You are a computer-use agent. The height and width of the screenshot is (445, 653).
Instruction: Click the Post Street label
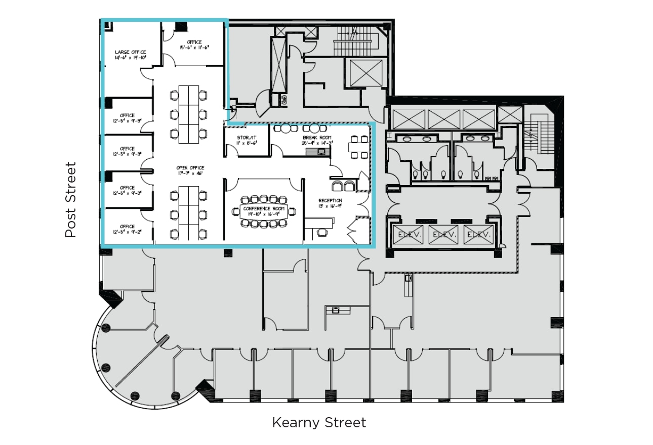pyautogui.click(x=70, y=200)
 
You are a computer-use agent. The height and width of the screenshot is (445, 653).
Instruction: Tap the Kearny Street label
pyautogui.click(x=319, y=423)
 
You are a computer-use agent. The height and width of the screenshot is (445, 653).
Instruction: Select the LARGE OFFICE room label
pyautogui.click(x=130, y=52)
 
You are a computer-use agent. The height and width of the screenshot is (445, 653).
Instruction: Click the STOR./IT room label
pyautogui.click(x=247, y=138)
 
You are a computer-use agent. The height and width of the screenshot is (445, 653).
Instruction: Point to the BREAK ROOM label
pyautogui.click(x=317, y=138)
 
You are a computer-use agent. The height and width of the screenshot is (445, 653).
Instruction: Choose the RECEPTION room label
pyautogui.click(x=330, y=201)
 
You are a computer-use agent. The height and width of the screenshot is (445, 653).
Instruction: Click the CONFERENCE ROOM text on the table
pyautogui.click(x=264, y=208)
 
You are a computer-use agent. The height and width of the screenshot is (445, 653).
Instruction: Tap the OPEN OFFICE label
pyautogui.click(x=190, y=168)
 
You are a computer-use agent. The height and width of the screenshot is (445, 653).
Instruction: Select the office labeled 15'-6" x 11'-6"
pyautogui.click(x=194, y=45)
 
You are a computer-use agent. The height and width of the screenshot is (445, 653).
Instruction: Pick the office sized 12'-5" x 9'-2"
pyautogui.click(x=128, y=229)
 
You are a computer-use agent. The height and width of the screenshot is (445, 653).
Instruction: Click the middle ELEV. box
pyautogui.click(x=443, y=235)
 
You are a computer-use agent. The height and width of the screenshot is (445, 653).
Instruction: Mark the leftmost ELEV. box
pyautogui.click(x=407, y=235)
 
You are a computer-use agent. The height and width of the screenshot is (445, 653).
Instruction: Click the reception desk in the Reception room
pyautogui.click(x=319, y=223)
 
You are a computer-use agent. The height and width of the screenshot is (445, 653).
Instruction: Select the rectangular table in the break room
pyautogui.click(x=360, y=147)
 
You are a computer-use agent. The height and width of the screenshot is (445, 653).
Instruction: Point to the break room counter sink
pyautogui.click(x=320, y=152)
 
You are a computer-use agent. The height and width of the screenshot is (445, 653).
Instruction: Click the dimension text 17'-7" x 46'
pyautogui.click(x=190, y=173)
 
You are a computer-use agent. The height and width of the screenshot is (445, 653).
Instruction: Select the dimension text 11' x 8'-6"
pyautogui.click(x=247, y=143)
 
